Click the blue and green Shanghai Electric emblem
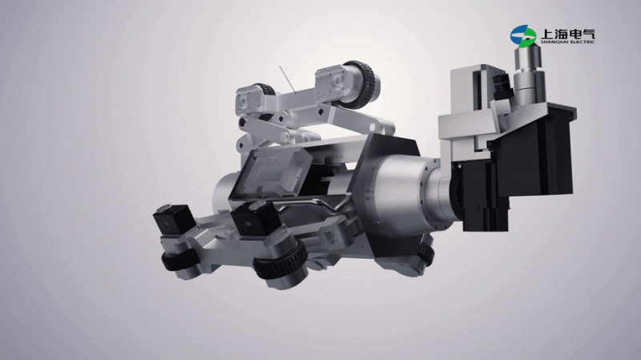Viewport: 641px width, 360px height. point(523,36)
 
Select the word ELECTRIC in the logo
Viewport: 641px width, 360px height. point(583,42)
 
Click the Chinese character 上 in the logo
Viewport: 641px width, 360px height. point(548,33)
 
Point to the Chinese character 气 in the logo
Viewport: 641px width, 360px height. point(588,33)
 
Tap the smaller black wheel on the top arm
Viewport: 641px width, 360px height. point(266,89)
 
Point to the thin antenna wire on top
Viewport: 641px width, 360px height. point(288,79)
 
